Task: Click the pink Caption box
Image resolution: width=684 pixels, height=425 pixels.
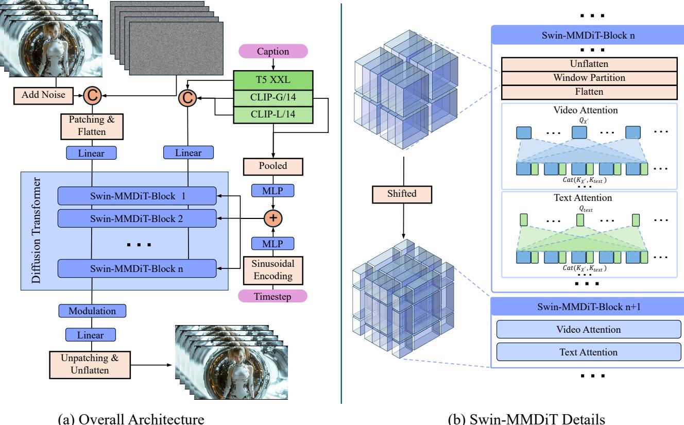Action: [273, 52]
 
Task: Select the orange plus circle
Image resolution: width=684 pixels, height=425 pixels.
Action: [273, 217]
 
